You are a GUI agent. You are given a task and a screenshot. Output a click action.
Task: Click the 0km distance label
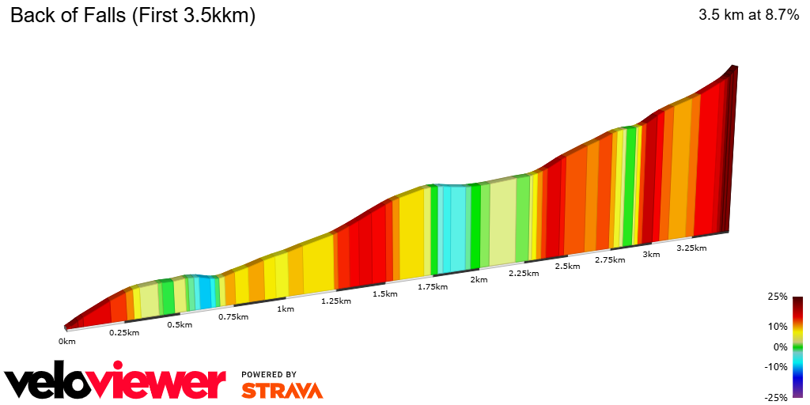(x=66, y=342)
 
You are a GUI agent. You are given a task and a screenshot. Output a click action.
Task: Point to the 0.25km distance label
(x=124, y=332)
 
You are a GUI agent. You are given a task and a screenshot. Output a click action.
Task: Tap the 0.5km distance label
(x=180, y=324)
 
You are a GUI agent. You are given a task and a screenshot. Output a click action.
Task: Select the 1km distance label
(x=286, y=308)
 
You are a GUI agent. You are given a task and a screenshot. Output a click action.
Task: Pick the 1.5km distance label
(x=384, y=293)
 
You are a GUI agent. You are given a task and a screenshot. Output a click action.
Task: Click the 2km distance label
(x=479, y=279)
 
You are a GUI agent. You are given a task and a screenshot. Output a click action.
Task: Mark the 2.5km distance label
(x=568, y=266)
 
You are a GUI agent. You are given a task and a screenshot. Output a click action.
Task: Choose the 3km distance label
(x=651, y=254)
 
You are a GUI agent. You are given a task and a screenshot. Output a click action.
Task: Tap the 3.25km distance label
(x=691, y=248)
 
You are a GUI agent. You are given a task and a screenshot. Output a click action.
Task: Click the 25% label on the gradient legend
(x=778, y=297)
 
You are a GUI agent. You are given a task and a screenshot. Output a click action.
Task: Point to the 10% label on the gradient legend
(x=778, y=326)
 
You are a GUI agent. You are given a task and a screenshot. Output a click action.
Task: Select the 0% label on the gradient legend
(x=781, y=346)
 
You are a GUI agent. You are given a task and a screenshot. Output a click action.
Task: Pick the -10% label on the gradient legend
(x=777, y=366)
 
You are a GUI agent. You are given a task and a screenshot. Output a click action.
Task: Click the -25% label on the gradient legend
(x=777, y=397)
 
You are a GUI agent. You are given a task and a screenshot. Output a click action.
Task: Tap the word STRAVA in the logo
(x=282, y=391)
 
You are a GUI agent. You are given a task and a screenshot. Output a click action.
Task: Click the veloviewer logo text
(x=115, y=383)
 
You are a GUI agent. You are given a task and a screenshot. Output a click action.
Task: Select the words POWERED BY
(x=269, y=374)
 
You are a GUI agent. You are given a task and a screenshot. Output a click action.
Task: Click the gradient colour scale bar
(x=798, y=346)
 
